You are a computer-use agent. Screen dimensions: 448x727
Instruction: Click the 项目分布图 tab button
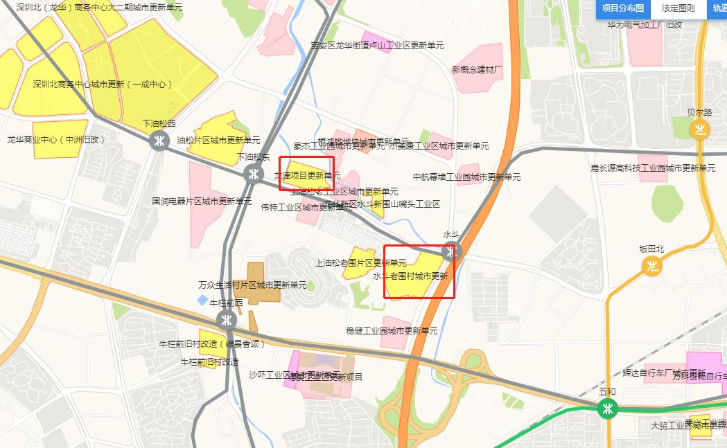tap(623, 8)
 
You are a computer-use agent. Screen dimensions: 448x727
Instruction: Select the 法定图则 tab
tap(677, 8)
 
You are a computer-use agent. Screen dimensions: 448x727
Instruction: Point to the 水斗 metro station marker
tap(452, 252)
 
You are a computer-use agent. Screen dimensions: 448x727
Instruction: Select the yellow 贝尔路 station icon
tap(701, 129)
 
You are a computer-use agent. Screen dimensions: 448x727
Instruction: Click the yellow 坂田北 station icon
tap(651, 265)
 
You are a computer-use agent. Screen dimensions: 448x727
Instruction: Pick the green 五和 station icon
tap(607, 409)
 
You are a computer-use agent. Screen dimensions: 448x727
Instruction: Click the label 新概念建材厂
tap(477, 69)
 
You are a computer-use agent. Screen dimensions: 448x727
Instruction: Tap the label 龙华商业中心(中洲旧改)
tap(55, 139)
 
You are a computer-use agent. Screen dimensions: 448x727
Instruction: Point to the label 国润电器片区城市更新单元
tap(202, 201)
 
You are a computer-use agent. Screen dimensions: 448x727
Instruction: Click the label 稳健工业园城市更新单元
tap(392, 331)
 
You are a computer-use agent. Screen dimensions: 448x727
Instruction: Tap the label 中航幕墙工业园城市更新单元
tap(466, 177)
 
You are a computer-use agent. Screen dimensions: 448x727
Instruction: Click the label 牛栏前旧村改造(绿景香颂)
tap(213, 343)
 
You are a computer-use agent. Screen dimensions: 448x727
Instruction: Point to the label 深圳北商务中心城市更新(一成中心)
tap(103, 84)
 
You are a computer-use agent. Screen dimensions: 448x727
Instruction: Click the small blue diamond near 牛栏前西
tap(202, 300)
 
